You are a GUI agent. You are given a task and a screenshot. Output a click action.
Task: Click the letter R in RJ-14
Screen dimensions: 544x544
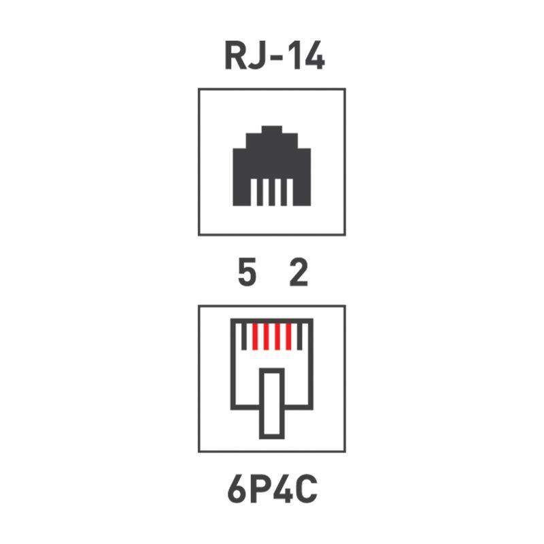(236, 56)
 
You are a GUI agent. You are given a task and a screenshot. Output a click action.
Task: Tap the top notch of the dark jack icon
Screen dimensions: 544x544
(271, 129)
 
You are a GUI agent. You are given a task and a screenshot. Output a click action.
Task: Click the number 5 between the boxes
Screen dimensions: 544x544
(247, 273)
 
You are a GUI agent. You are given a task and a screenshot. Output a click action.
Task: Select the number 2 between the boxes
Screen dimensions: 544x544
(299, 273)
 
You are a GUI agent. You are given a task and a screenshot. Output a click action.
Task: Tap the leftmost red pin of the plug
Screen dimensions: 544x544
(255, 337)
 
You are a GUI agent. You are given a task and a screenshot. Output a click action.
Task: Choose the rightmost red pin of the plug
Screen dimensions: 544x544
(288, 337)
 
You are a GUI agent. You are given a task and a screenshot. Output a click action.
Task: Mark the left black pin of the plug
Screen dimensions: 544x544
(244, 337)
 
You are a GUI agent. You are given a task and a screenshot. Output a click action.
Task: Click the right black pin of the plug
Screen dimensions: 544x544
(300, 337)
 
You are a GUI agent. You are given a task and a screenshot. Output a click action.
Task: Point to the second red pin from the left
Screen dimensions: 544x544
(266, 337)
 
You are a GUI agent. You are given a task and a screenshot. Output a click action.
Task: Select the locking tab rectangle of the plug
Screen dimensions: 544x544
(272, 403)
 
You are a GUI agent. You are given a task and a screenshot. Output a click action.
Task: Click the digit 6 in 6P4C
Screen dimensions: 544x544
(237, 489)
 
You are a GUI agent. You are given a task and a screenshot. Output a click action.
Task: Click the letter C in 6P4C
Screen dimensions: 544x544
(307, 489)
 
